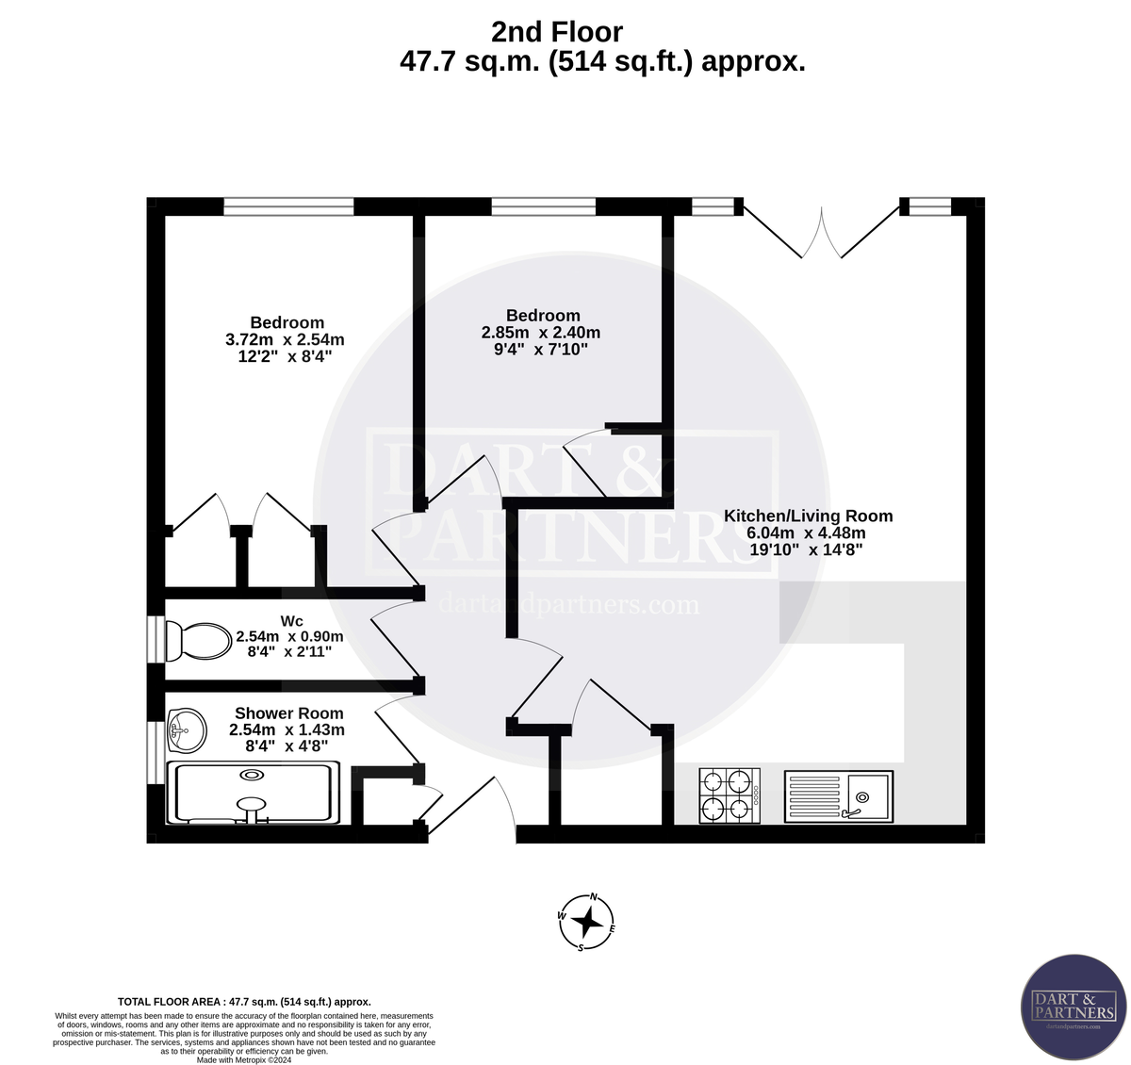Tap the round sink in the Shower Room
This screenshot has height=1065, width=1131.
tap(186, 729)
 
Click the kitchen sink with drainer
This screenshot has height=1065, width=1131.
tap(838, 796)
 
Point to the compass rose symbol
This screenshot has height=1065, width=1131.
tap(587, 921)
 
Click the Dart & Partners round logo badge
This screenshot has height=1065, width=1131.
tap(1074, 1006)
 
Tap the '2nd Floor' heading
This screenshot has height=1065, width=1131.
tap(557, 32)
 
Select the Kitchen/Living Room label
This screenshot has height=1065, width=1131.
tap(808, 516)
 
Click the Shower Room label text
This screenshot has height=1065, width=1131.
tap(288, 713)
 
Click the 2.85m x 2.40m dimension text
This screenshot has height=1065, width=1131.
tap(541, 333)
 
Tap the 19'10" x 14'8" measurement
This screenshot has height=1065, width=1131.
tap(806, 549)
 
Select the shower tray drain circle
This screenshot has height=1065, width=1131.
tap(252, 775)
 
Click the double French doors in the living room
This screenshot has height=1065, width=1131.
tap(820, 231)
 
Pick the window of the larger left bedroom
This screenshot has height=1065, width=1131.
tap(288, 206)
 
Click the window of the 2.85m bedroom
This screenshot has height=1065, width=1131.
tap(544, 206)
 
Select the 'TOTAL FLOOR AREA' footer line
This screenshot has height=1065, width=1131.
tap(244, 1002)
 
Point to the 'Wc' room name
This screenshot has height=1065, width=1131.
tap(291, 621)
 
